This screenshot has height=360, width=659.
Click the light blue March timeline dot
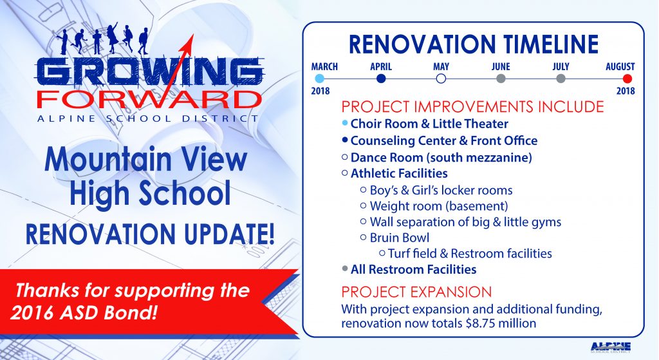click(x=319, y=79)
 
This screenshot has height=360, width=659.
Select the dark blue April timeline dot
click(x=381, y=79)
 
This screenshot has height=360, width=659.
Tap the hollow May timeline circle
click(x=441, y=79)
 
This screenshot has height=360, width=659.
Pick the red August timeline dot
click(x=627, y=79)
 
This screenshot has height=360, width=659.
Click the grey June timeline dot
click(x=501, y=79)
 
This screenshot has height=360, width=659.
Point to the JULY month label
click(x=561, y=66)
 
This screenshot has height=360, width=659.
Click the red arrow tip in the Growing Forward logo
click(x=193, y=35)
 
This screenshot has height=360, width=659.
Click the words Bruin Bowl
click(x=400, y=238)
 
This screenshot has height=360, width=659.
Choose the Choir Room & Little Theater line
click(x=429, y=124)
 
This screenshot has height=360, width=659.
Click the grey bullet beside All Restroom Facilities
click(x=345, y=269)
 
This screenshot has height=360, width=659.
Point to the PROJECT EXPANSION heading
click(x=416, y=292)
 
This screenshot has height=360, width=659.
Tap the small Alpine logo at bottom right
click(x=611, y=347)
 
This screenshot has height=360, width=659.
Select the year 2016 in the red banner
click(x=31, y=313)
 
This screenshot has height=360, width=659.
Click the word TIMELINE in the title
click(x=551, y=44)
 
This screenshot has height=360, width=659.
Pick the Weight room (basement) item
click(x=439, y=206)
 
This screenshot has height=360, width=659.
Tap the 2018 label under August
click(x=626, y=91)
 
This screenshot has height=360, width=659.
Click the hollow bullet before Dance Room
click(x=345, y=157)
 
